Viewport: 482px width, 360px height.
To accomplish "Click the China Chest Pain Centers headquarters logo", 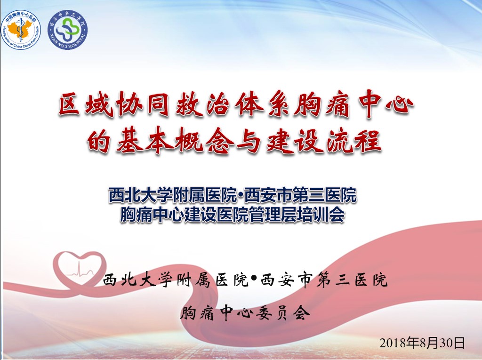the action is tap(21, 30).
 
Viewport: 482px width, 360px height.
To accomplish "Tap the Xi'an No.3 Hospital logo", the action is tap(68, 30).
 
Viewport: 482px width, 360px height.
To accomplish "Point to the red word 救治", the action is tap(203, 104).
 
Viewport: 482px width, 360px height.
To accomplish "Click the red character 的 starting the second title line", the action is tap(99, 140).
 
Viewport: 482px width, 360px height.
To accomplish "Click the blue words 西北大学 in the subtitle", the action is tap(140, 195).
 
